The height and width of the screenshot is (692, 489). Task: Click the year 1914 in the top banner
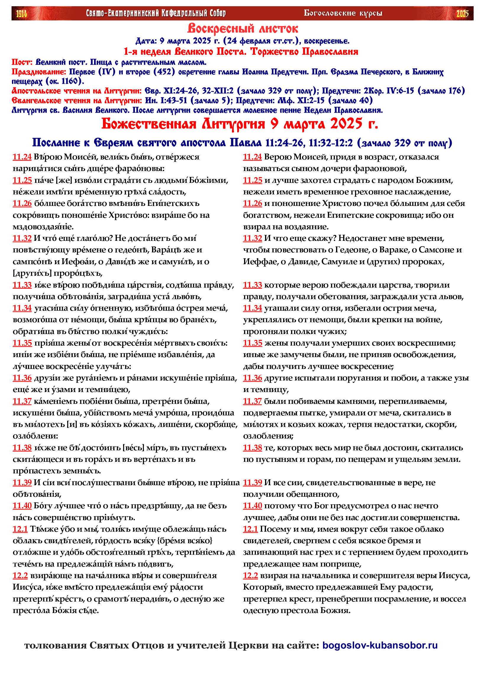(22, 14)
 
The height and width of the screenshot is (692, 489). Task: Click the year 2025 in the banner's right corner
(462, 14)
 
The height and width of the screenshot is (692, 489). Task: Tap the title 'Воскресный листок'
(243, 29)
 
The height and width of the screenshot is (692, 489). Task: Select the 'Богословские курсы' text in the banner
(343, 13)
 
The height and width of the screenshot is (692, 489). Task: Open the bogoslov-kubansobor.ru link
(380, 645)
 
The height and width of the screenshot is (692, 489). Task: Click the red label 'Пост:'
(22, 62)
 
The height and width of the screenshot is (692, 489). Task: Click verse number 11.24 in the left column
(22, 157)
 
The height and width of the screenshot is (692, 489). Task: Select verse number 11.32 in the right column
(252, 238)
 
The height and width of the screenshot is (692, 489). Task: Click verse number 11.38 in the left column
(22, 448)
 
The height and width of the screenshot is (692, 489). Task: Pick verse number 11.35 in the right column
(252, 343)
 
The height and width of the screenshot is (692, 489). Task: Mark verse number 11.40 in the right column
(252, 506)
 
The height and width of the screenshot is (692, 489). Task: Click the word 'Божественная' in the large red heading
(149, 124)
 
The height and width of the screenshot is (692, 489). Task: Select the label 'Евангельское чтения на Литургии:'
(77, 100)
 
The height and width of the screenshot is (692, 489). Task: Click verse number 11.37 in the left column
(22, 401)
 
